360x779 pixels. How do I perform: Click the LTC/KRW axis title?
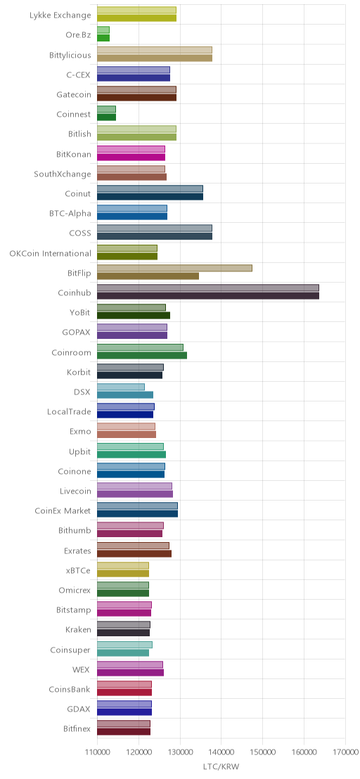click(221, 766)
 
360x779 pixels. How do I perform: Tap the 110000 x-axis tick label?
click(97, 752)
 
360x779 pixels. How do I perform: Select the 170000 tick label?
click(346, 752)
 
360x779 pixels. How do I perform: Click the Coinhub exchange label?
click(75, 293)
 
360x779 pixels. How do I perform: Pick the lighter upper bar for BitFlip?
click(175, 269)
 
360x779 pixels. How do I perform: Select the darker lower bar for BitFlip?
click(148, 276)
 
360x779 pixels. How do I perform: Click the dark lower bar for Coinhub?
click(208, 296)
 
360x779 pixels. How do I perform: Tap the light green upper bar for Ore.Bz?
click(103, 30)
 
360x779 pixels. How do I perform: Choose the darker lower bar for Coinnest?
click(106, 117)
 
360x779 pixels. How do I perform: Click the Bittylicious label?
click(70, 55)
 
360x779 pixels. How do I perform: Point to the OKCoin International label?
click(50, 253)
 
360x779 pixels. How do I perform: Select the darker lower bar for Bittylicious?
click(155, 58)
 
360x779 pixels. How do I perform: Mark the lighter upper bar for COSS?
click(155, 228)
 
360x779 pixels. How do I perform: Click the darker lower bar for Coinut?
click(150, 197)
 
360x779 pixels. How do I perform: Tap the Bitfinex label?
click(77, 729)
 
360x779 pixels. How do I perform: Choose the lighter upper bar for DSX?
click(121, 387)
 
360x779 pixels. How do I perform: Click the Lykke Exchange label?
click(60, 15)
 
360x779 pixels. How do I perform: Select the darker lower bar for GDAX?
click(124, 712)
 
